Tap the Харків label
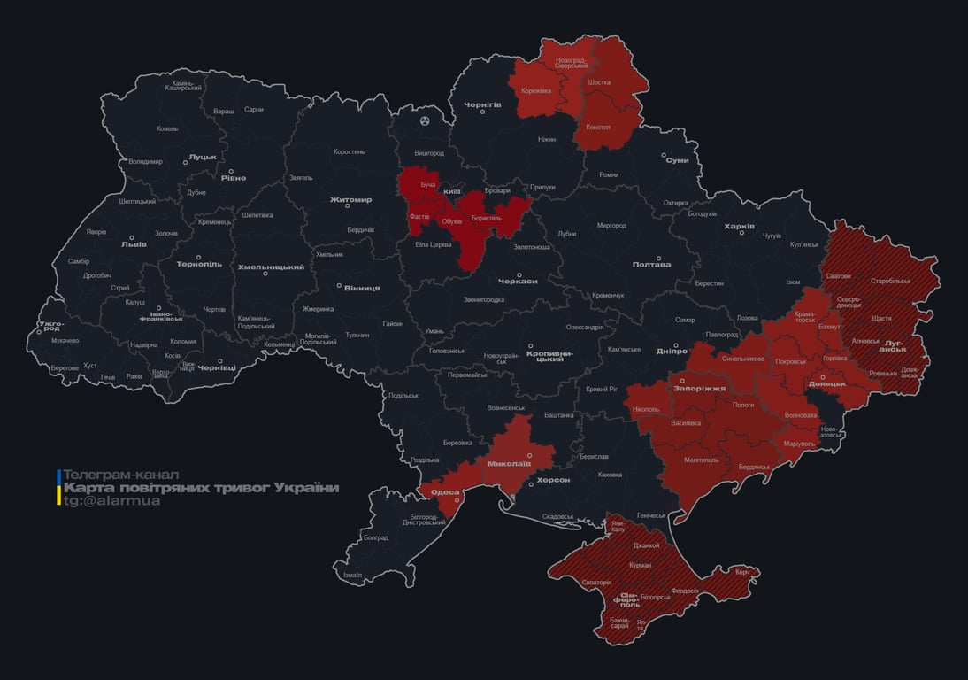739,227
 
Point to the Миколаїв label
509,463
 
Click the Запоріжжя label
699,388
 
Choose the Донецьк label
827,384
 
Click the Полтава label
651,264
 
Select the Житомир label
350,200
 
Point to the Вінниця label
362,288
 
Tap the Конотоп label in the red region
598,127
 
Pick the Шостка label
599,82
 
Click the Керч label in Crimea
742,572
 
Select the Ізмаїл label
352,575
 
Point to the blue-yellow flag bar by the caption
58,488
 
